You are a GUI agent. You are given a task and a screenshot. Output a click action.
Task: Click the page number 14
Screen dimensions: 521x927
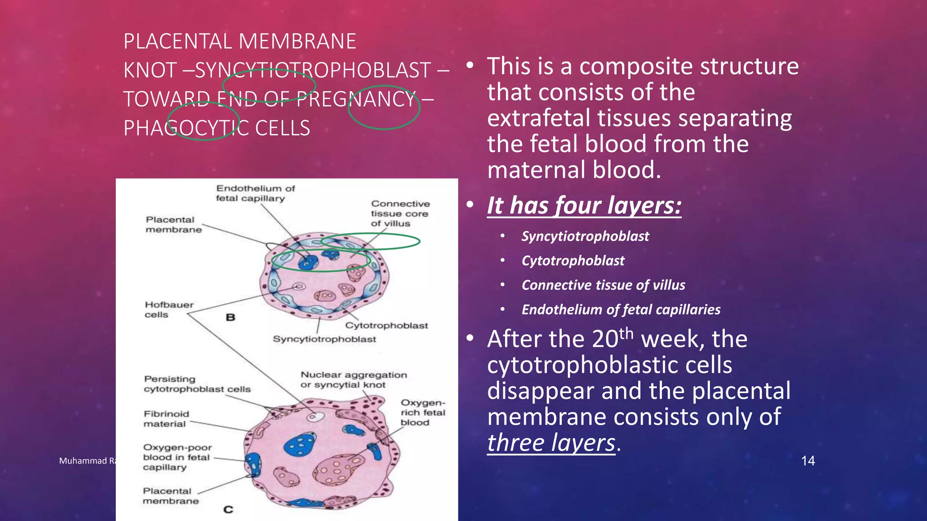(808, 461)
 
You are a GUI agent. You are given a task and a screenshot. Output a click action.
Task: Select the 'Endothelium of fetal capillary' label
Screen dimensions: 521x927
(255, 193)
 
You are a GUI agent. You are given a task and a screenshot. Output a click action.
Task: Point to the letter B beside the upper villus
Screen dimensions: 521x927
(230, 317)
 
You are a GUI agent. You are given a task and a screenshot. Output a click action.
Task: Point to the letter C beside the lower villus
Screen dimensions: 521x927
(228, 510)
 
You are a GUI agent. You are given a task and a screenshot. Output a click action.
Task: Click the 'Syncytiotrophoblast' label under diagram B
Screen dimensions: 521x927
(324, 339)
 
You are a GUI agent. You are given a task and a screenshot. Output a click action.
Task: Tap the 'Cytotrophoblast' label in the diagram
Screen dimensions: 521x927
(386, 326)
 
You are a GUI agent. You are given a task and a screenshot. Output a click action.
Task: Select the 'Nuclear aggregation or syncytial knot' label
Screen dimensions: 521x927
(354, 380)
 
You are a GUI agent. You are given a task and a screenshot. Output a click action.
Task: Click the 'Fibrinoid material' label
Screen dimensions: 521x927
(166, 419)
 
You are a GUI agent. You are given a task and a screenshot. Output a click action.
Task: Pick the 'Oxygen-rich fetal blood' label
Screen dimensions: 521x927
(422, 412)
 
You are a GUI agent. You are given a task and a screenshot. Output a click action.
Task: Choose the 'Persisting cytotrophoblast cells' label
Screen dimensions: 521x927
(197, 384)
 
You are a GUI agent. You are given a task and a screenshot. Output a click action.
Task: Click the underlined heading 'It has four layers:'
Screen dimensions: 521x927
(584, 205)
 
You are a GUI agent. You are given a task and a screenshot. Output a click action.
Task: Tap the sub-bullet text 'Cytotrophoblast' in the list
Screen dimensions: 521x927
(573, 261)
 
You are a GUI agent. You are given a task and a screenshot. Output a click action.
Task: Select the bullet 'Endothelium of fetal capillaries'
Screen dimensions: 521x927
(621, 310)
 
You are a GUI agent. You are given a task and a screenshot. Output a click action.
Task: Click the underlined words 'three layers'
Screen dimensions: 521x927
(551, 443)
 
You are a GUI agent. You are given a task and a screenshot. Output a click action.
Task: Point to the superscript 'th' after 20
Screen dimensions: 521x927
(626, 333)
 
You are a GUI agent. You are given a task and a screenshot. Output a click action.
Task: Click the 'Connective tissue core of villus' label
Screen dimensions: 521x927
(400, 213)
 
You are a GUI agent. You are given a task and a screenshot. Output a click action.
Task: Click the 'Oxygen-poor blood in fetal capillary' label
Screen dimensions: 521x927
(177, 457)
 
